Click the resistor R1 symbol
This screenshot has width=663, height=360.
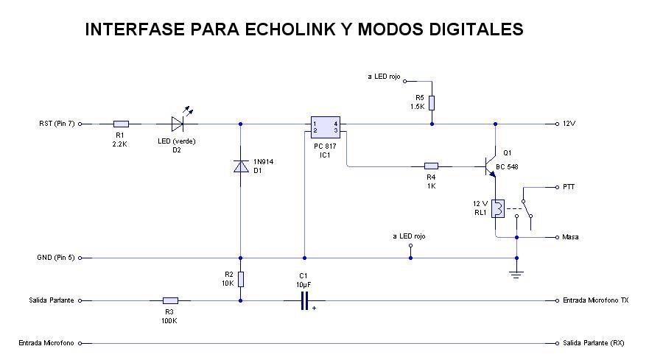pos(122,124)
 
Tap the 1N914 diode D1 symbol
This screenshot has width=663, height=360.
pos(240,166)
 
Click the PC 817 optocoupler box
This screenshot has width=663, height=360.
pos(324,127)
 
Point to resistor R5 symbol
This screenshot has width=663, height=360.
pos(432,102)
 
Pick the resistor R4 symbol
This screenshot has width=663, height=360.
pos(432,166)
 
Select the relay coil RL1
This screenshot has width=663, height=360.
pos(498,209)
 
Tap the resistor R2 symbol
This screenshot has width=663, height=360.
pos(240,279)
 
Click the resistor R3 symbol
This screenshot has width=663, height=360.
pos(170,300)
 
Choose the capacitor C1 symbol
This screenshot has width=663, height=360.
pos(304,300)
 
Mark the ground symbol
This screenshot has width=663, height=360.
pos(516,274)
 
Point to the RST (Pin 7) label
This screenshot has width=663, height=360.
pos(57,124)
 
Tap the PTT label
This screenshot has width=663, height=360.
pos(569,187)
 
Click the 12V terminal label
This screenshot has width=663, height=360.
pos(569,124)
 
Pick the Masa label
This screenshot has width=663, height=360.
pos(570,237)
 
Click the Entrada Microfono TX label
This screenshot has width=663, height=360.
pos(595,300)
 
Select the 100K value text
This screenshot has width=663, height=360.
pos(170,320)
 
